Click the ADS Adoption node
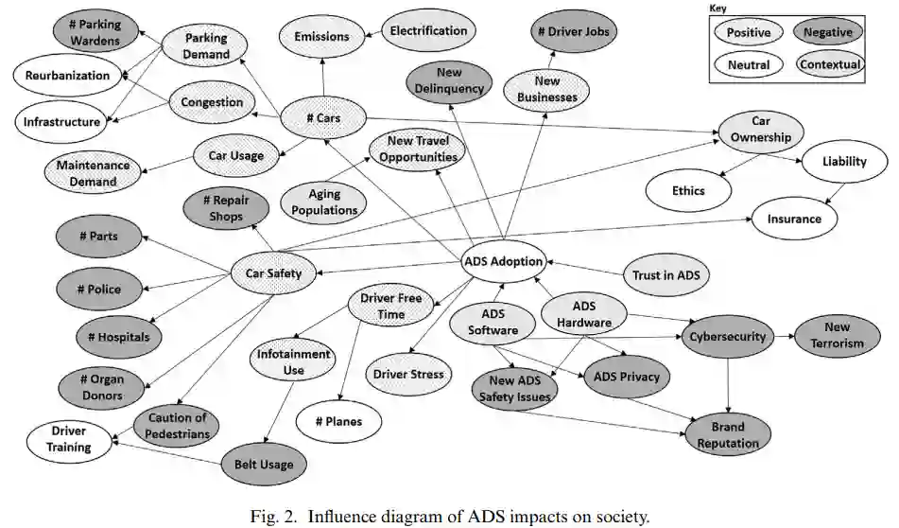pyautogui.click(x=504, y=262)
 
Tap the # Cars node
pyautogui.click(x=324, y=119)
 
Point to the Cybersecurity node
pyautogui.click(x=726, y=337)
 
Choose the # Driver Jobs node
pyautogui.click(x=575, y=32)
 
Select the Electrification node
pyautogui.click(x=428, y=30)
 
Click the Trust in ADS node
pyautogui.click(x=666, y=274)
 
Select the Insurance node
pyautogui.click(x=794, y=219)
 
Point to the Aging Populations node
pyautogui.click(x=324, y=202)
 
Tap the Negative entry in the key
pyautogui.click(x=827, y=32)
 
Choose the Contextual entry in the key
pyautogui.click(x=829, y=64)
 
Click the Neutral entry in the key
pyautogui.click(x=749, y=65)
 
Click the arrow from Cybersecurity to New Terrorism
pyautogui.click(x=783, y=336)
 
